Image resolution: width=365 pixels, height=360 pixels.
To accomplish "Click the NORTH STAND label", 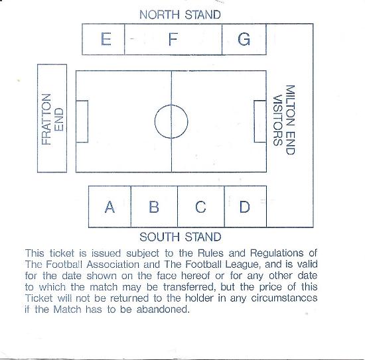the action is click(180, 15).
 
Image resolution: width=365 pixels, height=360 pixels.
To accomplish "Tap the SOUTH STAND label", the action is click(180, 237).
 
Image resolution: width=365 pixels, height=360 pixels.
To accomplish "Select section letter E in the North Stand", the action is click(106, 39).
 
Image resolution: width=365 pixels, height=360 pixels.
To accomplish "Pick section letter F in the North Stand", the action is click(173, 39).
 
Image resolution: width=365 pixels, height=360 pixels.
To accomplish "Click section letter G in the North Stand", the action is click(244, 39).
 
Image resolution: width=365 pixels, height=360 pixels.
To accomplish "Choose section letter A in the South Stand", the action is click(110, 207).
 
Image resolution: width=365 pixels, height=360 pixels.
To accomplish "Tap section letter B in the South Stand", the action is click(154, 207).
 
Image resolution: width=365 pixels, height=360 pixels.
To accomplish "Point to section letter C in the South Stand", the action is click(200, 207).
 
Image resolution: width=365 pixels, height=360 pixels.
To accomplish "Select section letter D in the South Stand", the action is click(245, 207).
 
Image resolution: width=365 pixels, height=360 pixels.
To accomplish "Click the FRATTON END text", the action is click(52, 119).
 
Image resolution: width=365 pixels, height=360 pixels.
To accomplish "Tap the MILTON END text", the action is click(290, 120).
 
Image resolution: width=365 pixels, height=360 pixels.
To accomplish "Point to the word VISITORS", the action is click(277, 120).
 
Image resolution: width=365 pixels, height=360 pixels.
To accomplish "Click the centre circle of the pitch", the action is click(171, 105).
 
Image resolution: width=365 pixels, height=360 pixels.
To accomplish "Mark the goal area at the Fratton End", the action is click(88, 121).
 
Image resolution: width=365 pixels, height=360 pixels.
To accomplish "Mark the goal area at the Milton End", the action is click(254, 121).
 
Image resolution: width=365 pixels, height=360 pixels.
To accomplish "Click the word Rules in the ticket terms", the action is click(210, 253).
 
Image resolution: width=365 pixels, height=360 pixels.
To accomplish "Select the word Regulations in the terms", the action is click(277, 253).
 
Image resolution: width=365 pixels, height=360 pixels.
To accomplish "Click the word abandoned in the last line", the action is click(163, 310).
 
